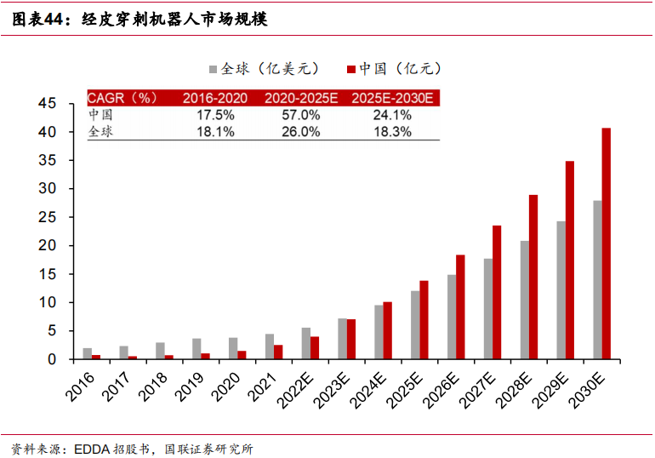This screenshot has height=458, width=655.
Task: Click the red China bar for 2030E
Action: (606, 243)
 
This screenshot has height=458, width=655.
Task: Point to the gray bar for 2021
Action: (269, 346)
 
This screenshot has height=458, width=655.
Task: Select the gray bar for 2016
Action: (87, 353)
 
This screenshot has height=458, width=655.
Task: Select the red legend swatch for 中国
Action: (350, 69)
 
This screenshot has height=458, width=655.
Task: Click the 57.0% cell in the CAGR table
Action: (301, 115)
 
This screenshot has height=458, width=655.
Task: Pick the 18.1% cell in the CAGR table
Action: (215, 132)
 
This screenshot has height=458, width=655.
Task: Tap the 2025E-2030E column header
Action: (392, 98)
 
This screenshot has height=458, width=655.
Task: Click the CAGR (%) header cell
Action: (123, 98)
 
